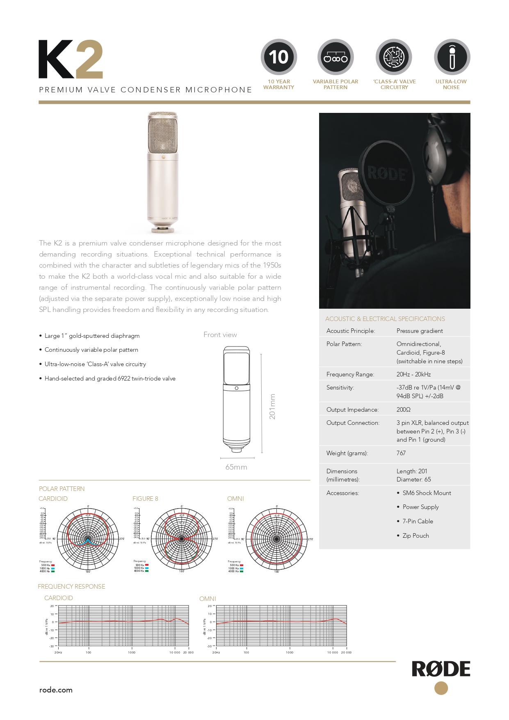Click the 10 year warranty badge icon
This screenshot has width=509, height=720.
coord(279,57)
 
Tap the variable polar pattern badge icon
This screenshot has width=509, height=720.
coord(336,57)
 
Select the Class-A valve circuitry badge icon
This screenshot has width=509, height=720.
coord(394,57)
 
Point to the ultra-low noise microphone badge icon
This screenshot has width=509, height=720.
coord(452,57)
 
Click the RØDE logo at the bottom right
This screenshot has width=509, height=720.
coord(441,669)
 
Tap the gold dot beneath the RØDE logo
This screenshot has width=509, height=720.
coord(441,688)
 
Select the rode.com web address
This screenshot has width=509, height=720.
coord(56,690)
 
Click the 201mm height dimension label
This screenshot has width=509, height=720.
coord(272,407)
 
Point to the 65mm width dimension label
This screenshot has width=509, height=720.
coord(236,467)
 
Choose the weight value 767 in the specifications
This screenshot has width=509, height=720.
coord(401,453)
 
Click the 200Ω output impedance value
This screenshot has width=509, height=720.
coord(404,410)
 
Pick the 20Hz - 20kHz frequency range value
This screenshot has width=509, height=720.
coord(413,374)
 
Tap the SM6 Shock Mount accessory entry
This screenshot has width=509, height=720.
coord(427,493)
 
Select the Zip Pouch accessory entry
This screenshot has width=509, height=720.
coord(415,536)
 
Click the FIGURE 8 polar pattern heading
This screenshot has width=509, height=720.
coord(145,499)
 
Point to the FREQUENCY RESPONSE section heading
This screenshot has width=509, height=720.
coord(71,587)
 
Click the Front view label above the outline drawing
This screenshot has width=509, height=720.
coord(220,335)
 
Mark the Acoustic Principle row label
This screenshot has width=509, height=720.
coord(351,331)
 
